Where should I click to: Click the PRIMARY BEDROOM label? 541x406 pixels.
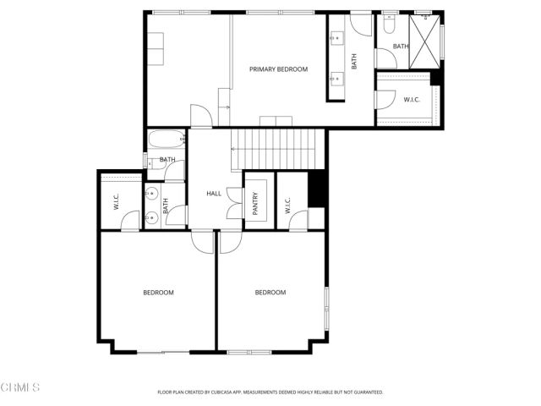click(278, 69)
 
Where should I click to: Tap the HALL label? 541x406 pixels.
click(214, 194)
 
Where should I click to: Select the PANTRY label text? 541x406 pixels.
click(255, 203)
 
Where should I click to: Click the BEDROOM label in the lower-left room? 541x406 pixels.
click(158, 293)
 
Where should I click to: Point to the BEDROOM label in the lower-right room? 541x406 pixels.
click(270, 293)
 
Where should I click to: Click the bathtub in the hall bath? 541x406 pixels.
click(167, 140)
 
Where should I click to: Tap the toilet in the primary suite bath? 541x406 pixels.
click(389, 25)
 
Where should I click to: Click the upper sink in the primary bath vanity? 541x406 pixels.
click(336, 37)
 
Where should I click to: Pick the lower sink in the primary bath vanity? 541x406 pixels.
click(336, 80)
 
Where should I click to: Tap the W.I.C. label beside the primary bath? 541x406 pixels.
click(412, 100)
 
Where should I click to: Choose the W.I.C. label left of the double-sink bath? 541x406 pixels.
click(117, 203)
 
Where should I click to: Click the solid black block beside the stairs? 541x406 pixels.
click(317, 189)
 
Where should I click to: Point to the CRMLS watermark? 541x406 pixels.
click(21, 387)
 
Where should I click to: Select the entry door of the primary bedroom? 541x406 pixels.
click(201, 117)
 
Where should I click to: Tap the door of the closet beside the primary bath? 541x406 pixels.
click(385, 99)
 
